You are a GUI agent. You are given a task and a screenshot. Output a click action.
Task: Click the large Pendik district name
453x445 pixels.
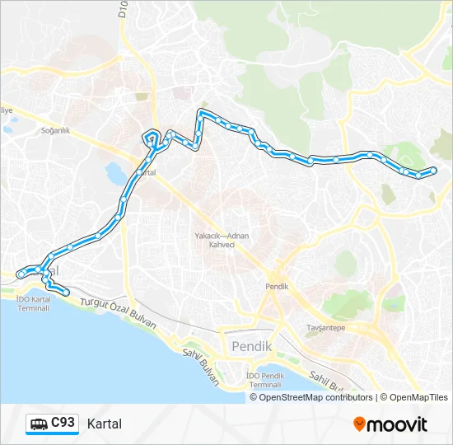coord(252,346)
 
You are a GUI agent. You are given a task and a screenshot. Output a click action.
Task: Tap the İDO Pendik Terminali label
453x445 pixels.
coord(264,380)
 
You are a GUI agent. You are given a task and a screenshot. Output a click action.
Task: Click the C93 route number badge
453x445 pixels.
coord(63,423)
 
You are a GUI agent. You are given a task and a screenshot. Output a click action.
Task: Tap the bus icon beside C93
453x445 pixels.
coord(39,424)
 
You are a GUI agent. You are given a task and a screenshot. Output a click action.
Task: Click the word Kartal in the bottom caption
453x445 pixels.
coord(104,424)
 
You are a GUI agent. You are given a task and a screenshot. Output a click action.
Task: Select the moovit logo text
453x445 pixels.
coord(398,424)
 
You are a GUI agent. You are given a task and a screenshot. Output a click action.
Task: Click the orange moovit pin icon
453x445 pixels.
coord(360,424)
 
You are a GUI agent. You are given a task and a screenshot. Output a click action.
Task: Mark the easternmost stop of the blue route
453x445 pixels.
coord(434,171)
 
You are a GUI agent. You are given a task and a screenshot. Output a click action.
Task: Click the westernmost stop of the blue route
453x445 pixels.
coord(21,274)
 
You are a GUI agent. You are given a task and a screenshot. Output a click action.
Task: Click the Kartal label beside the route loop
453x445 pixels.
coord(147,173)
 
